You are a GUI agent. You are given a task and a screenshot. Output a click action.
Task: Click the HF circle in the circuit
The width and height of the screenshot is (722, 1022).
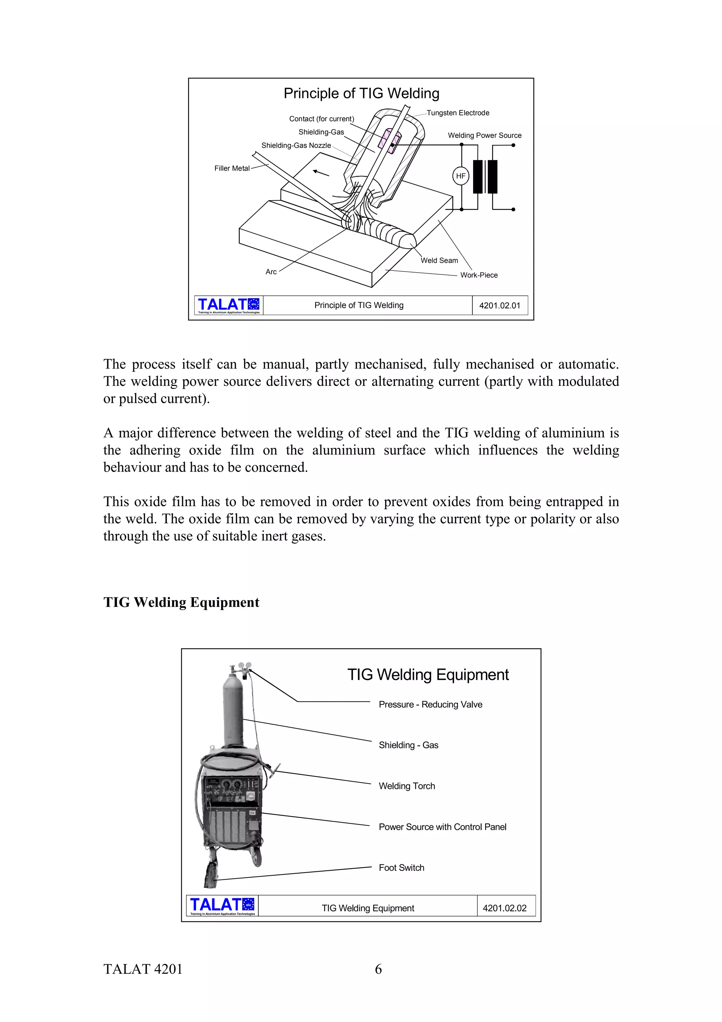pyautogui.click(x=460, y=176)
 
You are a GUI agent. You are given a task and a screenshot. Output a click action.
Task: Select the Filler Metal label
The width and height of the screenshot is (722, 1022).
pyautogui.click(x=232, y=168)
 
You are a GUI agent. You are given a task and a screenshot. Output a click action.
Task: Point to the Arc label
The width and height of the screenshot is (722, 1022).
pyautogui.click(x=271, y=272)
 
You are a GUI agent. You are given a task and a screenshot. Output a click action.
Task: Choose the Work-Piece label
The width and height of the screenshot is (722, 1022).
pyautogui.click(x=479, y=275)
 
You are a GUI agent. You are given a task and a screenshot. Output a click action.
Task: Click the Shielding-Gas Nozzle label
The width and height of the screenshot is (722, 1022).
pyautogui.click(x=296, y=146)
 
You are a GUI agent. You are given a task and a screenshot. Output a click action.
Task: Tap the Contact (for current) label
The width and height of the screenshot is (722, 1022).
pyautogui.click(x=321, y=119)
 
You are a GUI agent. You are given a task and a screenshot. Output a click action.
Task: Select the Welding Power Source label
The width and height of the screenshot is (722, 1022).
pyautogui.click(x=484, y=135)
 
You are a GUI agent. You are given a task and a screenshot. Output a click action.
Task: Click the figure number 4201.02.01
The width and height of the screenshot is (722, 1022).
pyautogui.click(x=499, y=305)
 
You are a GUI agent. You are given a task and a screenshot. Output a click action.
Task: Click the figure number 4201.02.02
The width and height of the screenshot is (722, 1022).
pyautogui.click(x=504, y=908)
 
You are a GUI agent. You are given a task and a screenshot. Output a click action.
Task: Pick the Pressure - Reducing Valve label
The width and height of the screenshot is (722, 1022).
pyautogui.click(x=430, y=704)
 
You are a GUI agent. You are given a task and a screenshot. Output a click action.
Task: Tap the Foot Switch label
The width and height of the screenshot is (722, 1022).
pyautogui.click(x=401, y=868)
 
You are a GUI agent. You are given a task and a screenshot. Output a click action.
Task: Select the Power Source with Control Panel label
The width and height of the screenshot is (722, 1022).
pyautogui.click(x=442, y=827)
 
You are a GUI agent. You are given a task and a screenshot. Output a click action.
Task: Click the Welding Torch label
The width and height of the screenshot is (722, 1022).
pyautogui.click(x=406, y=786)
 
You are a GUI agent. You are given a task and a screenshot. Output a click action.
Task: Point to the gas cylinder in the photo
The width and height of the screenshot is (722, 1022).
pyautogui.click(x=233, y=712)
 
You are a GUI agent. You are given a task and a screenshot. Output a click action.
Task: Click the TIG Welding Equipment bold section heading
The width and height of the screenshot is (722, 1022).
pyautogui.click(x=181, y=602)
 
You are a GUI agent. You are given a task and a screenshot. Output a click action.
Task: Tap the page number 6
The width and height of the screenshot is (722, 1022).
pyautogui.click(x=378, y=969)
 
